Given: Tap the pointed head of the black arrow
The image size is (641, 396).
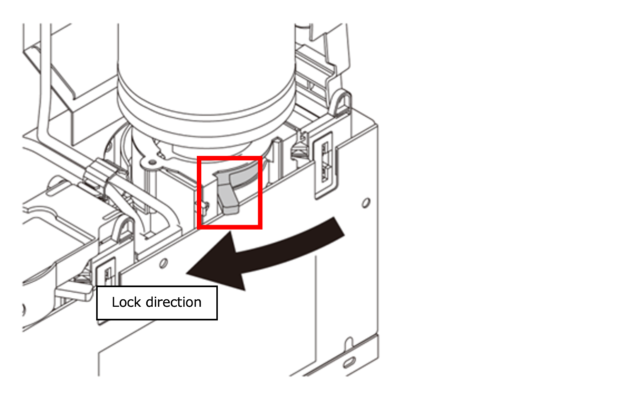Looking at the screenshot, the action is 187,273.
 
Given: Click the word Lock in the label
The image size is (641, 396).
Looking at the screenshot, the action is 126,302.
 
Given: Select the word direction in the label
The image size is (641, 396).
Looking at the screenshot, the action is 173,302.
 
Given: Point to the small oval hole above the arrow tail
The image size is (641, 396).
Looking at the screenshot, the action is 366,203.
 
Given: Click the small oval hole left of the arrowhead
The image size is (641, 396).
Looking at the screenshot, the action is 163,263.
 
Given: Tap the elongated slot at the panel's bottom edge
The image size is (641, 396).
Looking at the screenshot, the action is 349,362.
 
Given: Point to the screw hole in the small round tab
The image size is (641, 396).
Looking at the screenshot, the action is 153,162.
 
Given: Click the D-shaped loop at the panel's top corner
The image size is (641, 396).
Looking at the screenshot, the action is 342,103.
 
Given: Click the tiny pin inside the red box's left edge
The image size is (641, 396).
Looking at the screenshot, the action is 205,208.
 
